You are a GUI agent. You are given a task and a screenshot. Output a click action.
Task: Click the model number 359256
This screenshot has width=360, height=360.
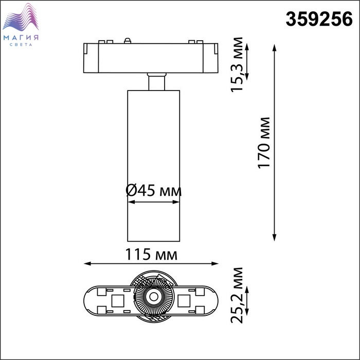319,20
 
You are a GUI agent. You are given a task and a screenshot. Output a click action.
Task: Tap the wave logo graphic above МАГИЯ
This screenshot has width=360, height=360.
21,17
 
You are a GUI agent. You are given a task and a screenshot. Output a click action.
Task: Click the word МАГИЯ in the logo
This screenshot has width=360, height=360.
21,38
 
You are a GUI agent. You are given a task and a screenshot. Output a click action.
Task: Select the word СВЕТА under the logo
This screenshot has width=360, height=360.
21,45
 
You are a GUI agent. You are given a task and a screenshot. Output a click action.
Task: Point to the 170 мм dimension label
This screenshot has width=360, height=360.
264,143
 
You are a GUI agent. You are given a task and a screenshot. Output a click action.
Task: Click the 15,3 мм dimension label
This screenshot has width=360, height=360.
237,64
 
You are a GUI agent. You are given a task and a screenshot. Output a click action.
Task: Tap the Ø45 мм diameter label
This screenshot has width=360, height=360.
154,191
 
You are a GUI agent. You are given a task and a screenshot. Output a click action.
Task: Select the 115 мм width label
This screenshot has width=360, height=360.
151,254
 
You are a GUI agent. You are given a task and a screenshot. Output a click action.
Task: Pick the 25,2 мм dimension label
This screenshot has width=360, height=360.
237,295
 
